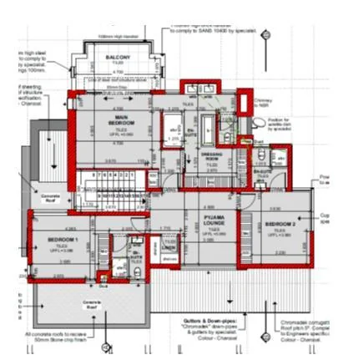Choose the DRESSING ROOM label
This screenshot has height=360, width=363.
click(211, 157)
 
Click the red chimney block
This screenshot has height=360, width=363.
click(245, 105)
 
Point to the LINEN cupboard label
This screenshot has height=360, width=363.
click(169, 247)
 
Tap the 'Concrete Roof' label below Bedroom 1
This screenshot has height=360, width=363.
click(92, 306)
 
